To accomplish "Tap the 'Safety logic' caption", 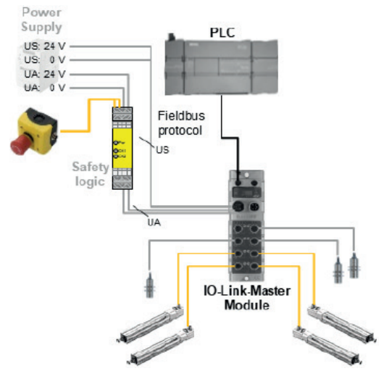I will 90,175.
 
